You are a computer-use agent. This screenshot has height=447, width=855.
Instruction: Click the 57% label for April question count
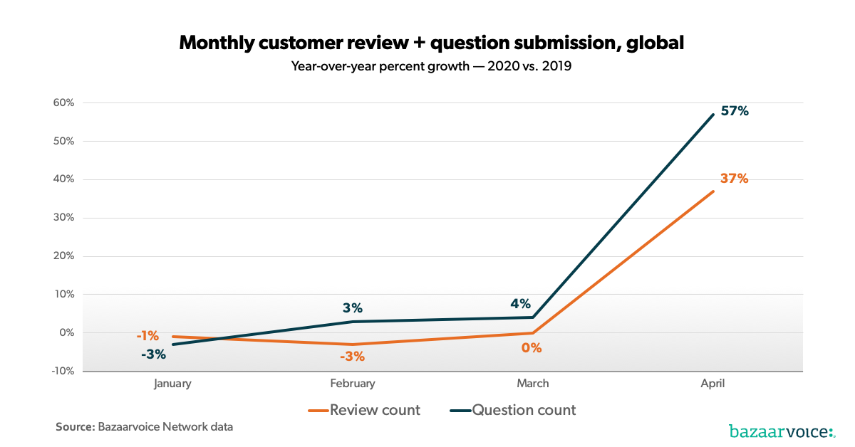coord(734,111)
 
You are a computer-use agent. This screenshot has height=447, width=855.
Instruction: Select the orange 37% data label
coord(734,179)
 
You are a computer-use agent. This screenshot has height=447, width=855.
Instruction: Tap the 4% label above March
coord(520,304)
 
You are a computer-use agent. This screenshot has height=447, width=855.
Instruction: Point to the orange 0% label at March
coord(532,348)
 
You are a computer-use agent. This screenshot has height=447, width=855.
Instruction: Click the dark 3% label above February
coord(352,308)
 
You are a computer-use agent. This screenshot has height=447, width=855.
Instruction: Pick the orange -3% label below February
coord(352,357)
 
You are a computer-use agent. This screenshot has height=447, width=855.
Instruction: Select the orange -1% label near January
coord(147,336)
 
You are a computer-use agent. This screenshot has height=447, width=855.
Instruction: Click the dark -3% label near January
coord(153,354)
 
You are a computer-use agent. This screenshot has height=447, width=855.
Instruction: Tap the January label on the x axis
coord(172,384)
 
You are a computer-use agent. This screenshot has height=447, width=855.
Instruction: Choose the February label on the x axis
coord(352,384)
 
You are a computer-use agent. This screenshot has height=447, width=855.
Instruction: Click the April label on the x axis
coord(712,384)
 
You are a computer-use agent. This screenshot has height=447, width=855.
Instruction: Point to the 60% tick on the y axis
coord(63,102)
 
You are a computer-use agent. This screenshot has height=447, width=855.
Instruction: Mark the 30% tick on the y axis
coord(63,218)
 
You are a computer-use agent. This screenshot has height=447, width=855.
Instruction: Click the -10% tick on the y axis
coord(61,371)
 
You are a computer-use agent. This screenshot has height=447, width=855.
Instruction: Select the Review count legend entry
coord(364,410)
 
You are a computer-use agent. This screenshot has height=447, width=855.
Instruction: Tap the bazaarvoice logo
coord(781,431)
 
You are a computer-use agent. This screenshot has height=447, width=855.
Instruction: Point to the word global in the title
coord(655,43)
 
